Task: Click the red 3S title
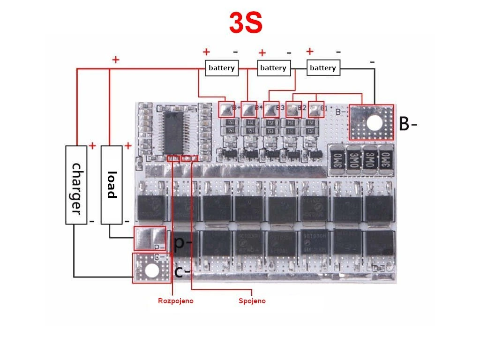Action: point(245,23)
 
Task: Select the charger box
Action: point(76,185)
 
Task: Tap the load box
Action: point(112,185)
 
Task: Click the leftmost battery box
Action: point(222,68)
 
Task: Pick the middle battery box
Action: point(273,68)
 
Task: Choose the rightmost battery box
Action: point(323,68)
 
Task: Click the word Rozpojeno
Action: point(175,301)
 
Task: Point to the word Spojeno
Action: point(252,301)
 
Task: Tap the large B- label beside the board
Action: point(407,124)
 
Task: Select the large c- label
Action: point(182,271)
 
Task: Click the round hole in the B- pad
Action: point(374,123)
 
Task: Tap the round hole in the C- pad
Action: point(151,270)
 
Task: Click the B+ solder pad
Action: point(226,110)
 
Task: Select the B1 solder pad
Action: point(317,110)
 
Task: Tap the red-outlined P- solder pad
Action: point(150,238)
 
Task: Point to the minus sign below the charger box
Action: point(91,221)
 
